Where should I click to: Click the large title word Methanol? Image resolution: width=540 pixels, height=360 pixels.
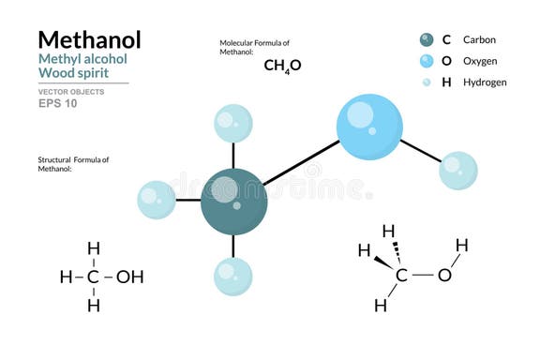pos(89,39)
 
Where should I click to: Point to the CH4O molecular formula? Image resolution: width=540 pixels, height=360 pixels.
pos(281,67)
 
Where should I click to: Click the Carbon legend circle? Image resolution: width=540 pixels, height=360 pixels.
pos(427,39)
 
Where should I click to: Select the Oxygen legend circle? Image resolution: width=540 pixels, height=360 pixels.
pos(427,61)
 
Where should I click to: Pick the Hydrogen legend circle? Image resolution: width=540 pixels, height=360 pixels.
pos(427,82)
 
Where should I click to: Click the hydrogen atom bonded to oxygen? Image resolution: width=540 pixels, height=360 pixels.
pos(457,170)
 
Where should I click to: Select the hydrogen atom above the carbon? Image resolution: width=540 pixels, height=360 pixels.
pos(233,124)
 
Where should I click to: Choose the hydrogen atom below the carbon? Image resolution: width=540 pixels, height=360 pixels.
pos(233,276)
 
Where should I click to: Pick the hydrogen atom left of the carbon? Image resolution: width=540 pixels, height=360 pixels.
pos(157,200)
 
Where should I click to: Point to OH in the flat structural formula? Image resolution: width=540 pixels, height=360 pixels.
pos(129,277)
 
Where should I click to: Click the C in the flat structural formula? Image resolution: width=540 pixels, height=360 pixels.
pos(93,277)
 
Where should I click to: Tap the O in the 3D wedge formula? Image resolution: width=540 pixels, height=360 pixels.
pos(443,276)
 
